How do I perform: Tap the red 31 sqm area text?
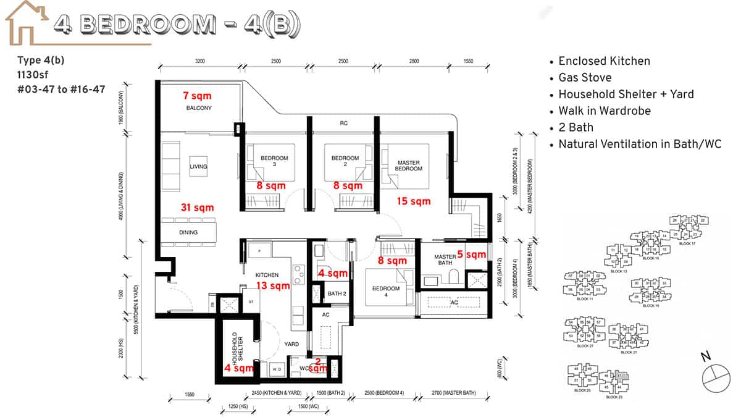point(197,208)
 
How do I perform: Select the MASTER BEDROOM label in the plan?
point(408,166)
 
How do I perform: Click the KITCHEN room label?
point(267,274)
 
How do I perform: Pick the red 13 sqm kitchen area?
point(273,285)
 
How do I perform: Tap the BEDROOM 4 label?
point(385,292)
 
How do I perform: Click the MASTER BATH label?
point(445,260)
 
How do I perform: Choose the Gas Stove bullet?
point(585,77)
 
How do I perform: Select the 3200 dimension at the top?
point(199,61)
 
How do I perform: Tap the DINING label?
point(188,232)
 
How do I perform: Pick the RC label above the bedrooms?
point(343,124)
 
